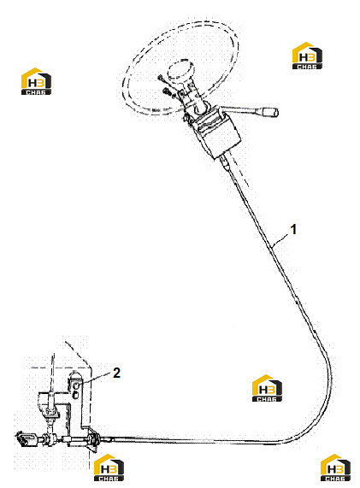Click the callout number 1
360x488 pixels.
point(293,229)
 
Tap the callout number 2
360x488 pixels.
point(116,373)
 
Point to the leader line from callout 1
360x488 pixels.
point(280,241)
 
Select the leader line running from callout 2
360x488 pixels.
point(95,378)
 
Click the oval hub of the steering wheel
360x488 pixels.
point(180,70)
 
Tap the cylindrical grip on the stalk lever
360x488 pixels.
point(270,112)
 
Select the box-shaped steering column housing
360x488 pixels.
point(215,133)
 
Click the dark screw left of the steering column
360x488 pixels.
point(167,91)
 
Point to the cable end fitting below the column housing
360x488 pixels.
point(226,163)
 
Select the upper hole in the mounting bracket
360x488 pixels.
point(75,386)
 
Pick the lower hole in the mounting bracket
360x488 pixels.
point(74,396)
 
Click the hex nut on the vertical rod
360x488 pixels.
point(50,412)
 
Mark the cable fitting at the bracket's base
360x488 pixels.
point(92,439)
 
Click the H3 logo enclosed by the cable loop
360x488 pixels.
point(267,388)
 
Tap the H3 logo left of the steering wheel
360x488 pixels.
point(36,81)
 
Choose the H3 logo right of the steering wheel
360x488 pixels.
point(307,56)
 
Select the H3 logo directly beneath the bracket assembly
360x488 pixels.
point(109,467)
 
